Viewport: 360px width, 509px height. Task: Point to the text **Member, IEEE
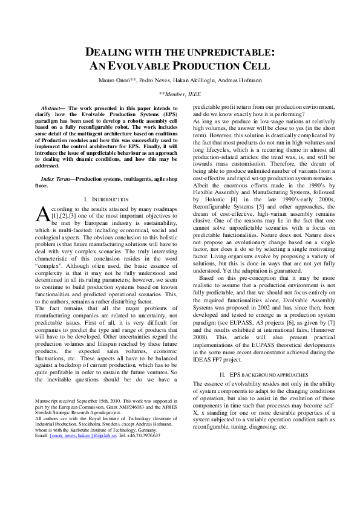[180, 94]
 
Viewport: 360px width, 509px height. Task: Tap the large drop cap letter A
[42, 214]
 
